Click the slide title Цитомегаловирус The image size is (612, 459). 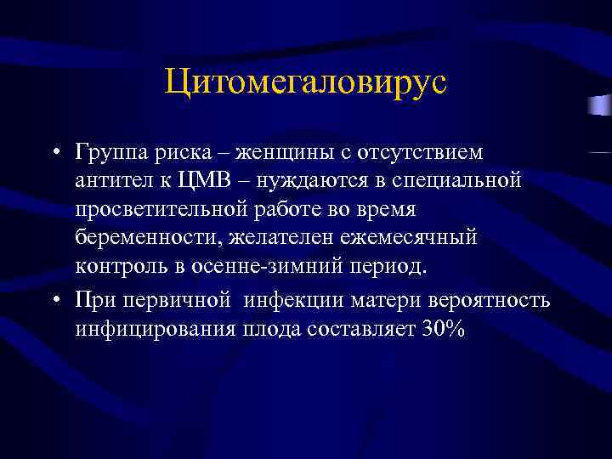pos(305,83)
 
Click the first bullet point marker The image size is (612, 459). pos(54,154)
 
